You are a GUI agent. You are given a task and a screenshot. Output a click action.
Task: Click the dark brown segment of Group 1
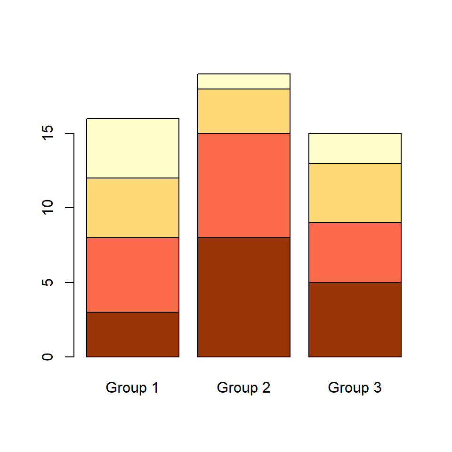pos(133,334)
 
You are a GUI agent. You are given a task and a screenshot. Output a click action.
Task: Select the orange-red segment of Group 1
pos(133,274)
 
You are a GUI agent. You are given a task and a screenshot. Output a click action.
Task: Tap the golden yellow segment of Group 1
pos(133,208)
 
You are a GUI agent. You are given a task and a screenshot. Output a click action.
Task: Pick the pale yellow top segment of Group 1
pos(133,148)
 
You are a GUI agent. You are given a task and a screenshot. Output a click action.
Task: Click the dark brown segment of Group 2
pos(244,297)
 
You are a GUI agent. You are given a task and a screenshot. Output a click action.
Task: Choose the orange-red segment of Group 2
pos(244,186)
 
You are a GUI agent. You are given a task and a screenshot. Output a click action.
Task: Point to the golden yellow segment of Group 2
pos(244,111)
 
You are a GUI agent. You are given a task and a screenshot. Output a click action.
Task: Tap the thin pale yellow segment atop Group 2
pos(244,81)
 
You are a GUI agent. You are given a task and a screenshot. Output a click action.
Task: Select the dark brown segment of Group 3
pos(355,319)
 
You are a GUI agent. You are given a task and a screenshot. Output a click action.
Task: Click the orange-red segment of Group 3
pos(355,252)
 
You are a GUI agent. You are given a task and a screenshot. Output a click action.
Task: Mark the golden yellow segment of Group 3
pos(355,193)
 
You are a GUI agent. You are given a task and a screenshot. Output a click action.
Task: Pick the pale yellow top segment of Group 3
pos(355,148)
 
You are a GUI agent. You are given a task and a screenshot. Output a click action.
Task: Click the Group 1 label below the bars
pos(132,388)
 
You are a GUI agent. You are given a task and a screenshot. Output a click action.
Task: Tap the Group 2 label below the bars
pos(243,388)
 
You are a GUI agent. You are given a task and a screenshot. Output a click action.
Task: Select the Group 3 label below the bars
pos(355,388)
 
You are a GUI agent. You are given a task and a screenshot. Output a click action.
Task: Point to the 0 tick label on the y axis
pos(48,357)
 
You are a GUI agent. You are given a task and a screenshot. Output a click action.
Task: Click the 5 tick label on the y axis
pos(48,282)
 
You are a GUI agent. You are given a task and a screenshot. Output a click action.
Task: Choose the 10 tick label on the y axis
pos(48,208)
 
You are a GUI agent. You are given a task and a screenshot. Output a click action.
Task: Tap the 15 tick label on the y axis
pos(48,133)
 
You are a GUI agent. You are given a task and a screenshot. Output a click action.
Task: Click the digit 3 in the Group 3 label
pos(377,388)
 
